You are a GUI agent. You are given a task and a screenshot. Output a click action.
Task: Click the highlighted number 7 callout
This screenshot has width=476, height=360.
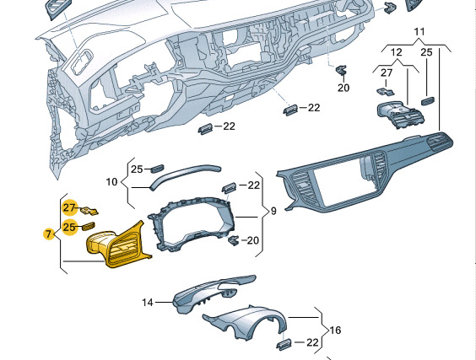48,234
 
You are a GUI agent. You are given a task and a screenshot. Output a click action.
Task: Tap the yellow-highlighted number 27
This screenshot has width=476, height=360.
69,207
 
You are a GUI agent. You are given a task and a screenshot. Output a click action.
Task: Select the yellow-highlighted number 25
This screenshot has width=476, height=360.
69,227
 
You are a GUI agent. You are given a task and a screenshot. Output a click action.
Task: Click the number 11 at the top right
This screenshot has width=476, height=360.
419,31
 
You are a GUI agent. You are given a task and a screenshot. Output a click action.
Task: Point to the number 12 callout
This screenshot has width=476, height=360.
396,52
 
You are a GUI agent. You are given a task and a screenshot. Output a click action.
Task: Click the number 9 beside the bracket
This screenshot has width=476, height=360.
273,211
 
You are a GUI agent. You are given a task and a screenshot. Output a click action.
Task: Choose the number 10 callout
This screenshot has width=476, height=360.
111,182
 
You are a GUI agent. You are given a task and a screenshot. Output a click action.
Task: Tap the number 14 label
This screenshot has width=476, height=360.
148,303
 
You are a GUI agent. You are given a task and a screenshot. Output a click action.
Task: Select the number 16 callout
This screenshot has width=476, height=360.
335,330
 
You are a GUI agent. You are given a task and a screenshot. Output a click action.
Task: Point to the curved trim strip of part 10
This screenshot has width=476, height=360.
185,175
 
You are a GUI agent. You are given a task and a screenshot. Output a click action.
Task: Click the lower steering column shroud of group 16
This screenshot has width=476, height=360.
246,323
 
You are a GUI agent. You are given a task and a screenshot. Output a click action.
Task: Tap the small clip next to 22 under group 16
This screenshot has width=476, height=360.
284,345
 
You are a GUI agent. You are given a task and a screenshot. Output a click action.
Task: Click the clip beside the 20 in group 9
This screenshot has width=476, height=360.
233,240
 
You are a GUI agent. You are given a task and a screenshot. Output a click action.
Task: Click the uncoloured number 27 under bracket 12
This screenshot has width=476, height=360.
387,73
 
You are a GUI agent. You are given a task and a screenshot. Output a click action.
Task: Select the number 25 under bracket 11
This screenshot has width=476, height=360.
426,52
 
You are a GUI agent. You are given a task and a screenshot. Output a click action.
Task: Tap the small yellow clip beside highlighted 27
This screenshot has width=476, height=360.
89,211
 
